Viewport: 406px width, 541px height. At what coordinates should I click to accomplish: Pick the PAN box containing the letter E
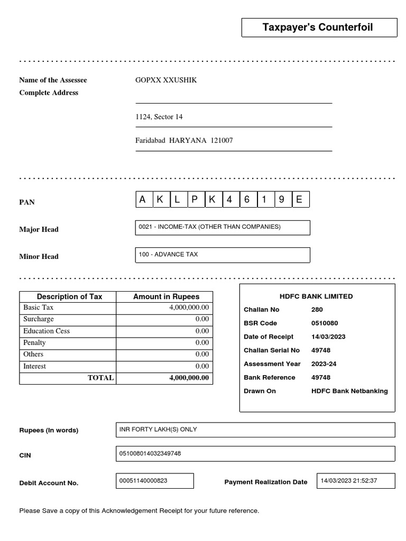(x=300, y=200)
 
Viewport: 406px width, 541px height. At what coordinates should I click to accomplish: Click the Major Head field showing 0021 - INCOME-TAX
(x=223, y=228)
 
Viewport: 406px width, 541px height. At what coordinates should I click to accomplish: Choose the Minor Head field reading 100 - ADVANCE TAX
(x=223, y=255)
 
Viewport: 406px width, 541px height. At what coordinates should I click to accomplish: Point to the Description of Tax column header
(x=69, y=297)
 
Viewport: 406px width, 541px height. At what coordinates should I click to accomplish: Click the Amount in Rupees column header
(x=164, y=297)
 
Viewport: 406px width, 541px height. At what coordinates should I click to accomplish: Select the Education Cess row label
(x=47, y=331)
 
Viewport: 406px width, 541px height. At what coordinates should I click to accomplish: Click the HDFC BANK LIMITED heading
(x=316, y=297)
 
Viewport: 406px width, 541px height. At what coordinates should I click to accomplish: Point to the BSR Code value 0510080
(x=325, y=323)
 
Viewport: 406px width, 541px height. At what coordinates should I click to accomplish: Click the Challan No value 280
(x=317, y=310)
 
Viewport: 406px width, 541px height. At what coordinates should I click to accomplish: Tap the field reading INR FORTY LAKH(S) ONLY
(x=255, y=430)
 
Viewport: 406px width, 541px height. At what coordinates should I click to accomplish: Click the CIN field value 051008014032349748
(x=255, y=454)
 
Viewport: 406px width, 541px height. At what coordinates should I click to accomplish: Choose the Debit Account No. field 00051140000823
(x=154, y=481)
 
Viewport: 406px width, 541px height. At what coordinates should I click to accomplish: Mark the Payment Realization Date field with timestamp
(x=355, y=481)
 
